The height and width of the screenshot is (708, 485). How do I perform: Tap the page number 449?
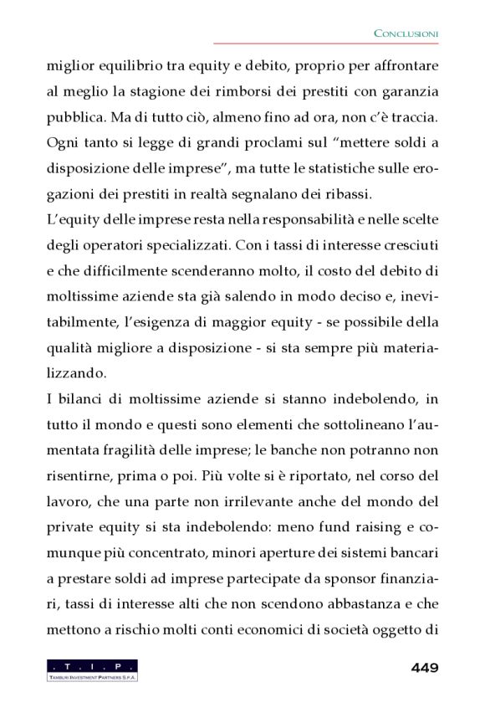click(425, 667)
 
